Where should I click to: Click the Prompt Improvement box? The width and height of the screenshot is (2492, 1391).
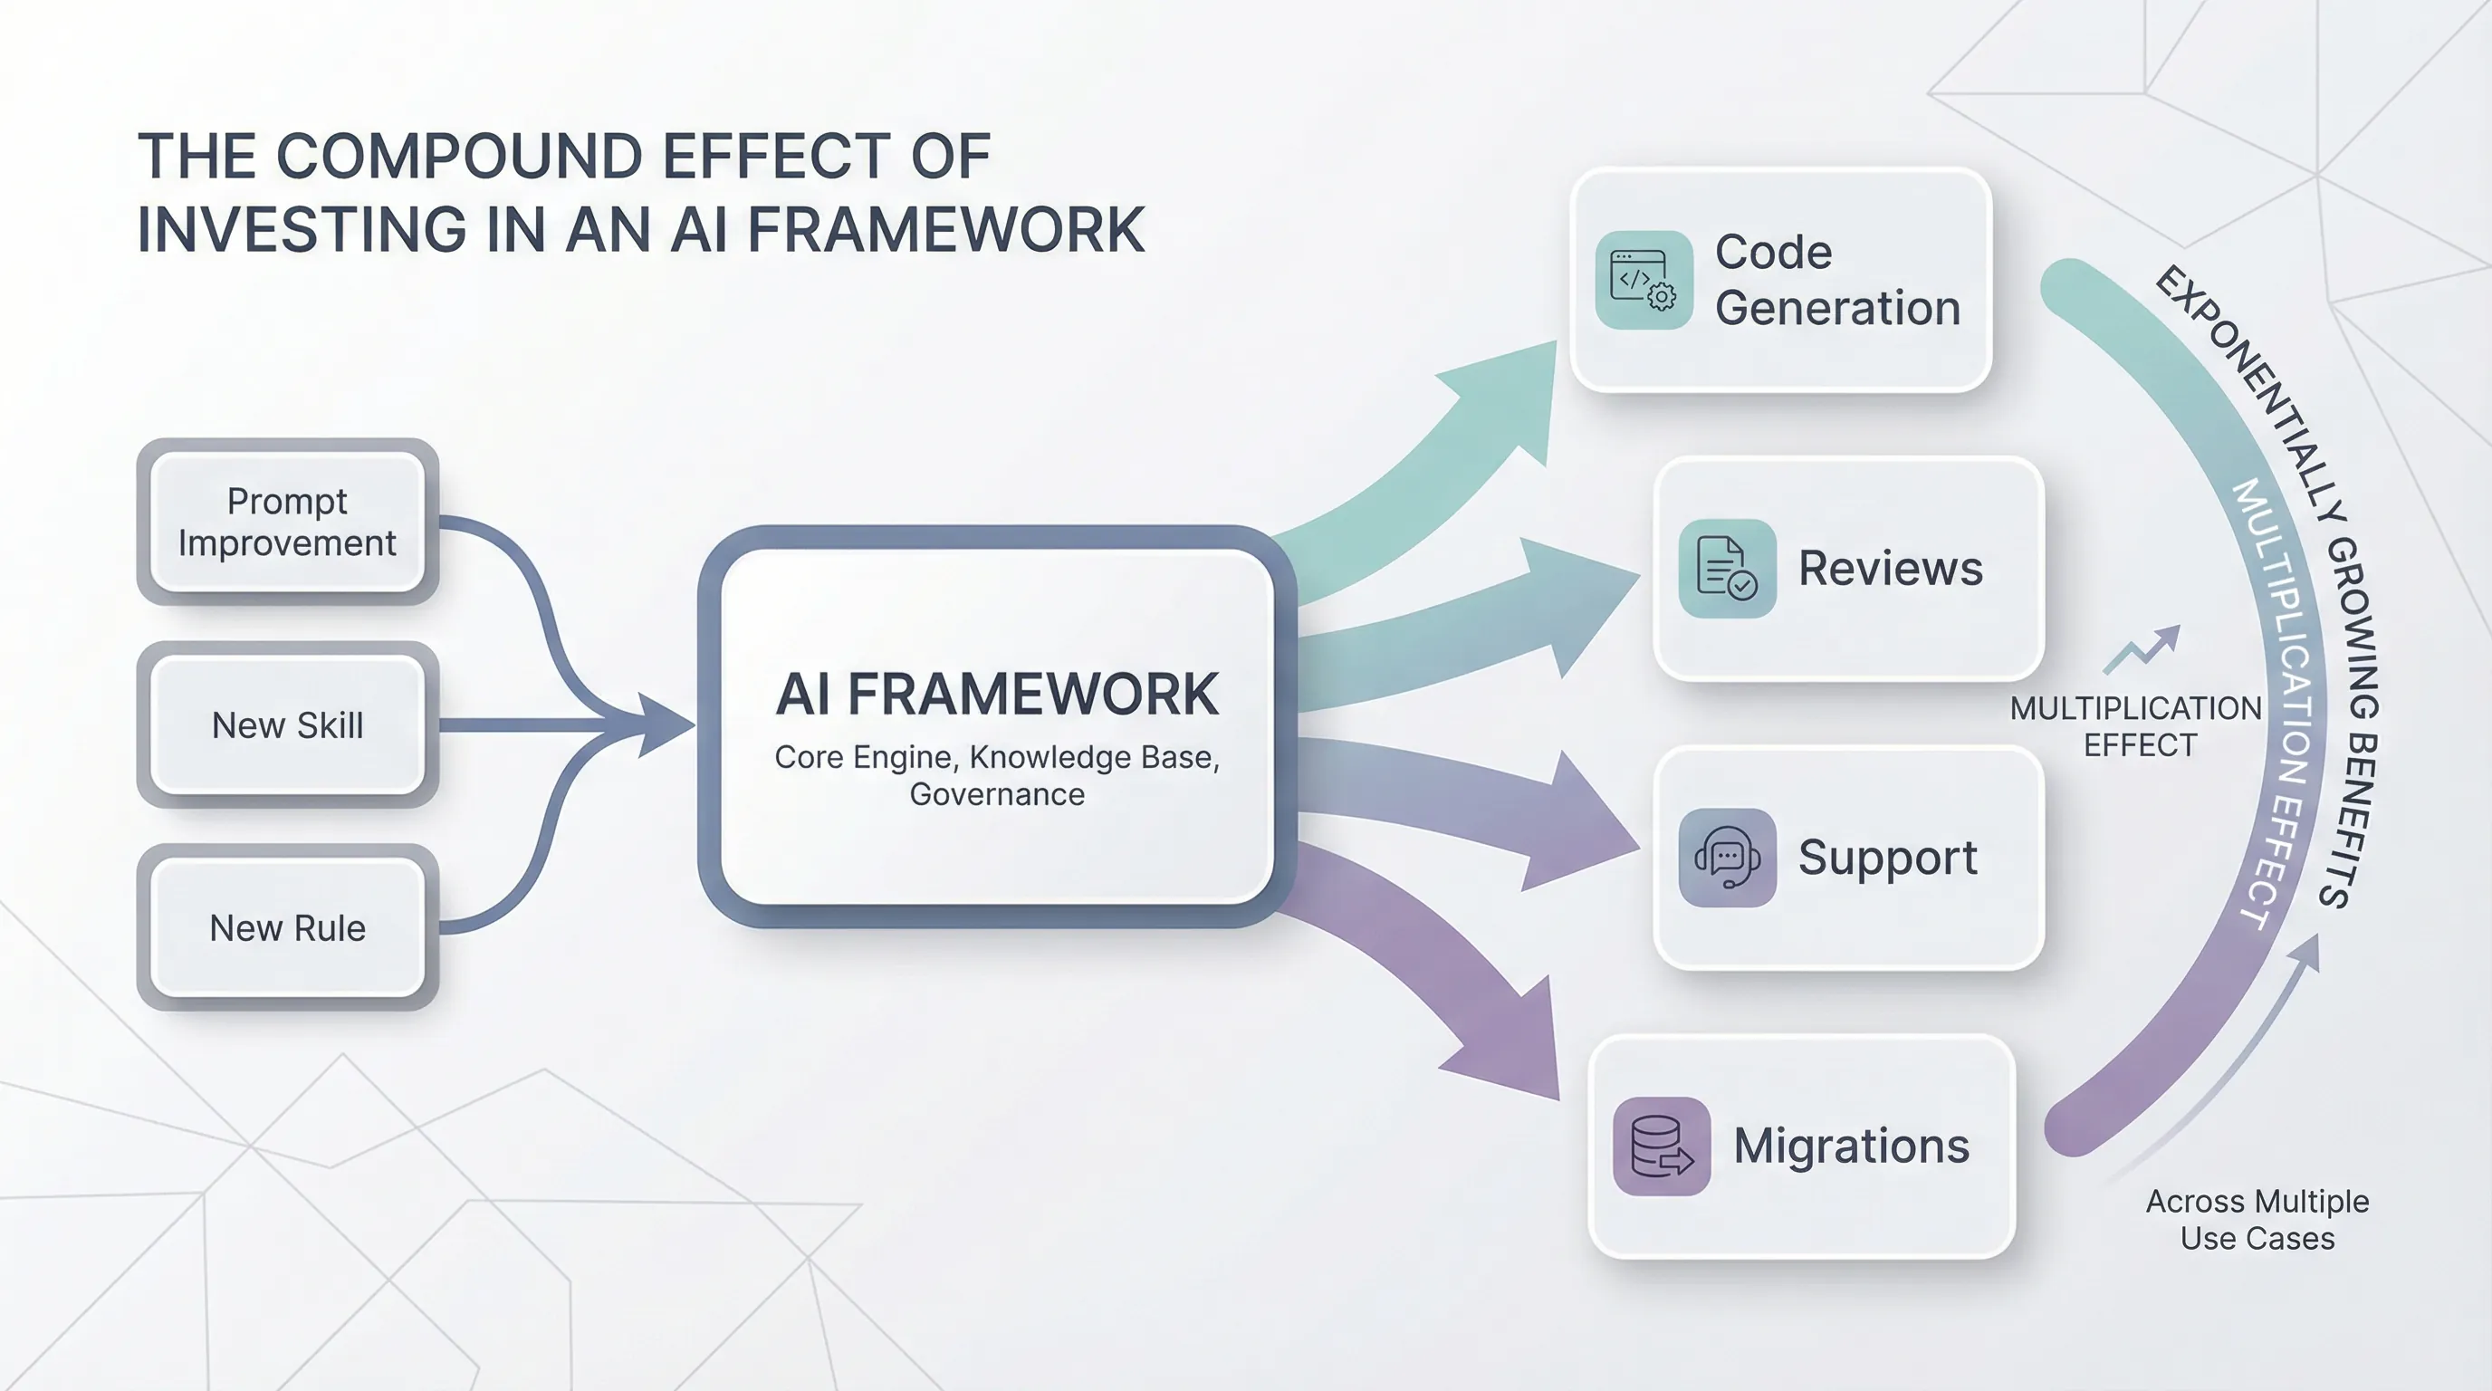[x=287, y=523]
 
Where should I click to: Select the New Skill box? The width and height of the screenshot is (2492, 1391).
[x=287, y=725]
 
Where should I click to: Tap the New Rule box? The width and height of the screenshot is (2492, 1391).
[x=287, y=928]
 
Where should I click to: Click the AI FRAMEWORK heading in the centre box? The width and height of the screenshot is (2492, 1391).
[x=996, y=695]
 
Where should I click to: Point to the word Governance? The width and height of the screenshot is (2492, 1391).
[x=996, y=795]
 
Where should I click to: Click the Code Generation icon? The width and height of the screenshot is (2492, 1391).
[x=1644, y=281]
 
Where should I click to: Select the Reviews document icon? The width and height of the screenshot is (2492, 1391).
[x=1727, y=569]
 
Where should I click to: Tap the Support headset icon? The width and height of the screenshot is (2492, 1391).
[x=1727, y=858]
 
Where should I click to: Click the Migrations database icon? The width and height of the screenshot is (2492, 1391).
[x=1661, y=1146]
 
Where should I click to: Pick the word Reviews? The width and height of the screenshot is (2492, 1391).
[x=1891, y=569]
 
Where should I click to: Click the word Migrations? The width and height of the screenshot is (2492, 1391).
[x=1851, y=1146]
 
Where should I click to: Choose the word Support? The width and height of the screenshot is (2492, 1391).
[x=1887, y=858]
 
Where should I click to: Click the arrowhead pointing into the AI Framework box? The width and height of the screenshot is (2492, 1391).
[x=663, y=724]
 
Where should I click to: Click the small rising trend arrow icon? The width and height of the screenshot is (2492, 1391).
[x=2142, y=649]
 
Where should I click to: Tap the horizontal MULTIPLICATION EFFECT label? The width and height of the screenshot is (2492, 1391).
[x=2136, y=726]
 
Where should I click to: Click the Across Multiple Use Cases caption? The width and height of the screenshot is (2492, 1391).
[x=2257, y=1220]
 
